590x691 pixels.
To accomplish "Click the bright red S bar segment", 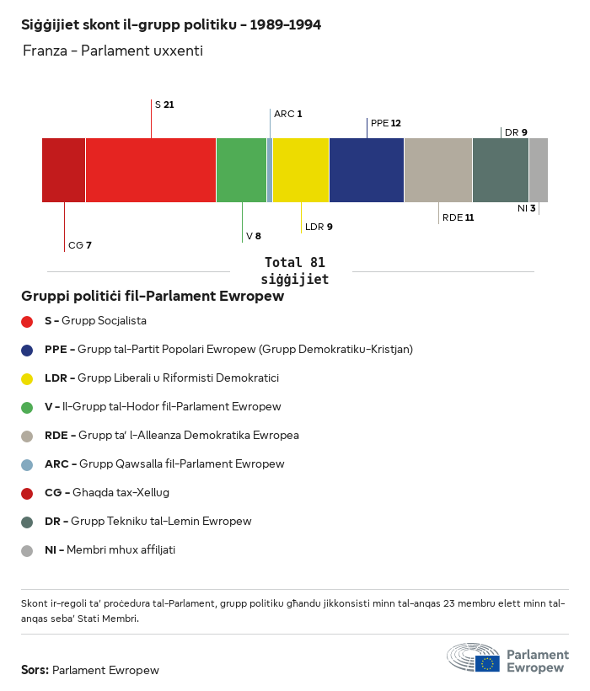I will tap(150, 170).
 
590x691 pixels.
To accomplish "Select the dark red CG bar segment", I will tap(63, 170).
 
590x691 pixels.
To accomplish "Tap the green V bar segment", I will tap(241, 170).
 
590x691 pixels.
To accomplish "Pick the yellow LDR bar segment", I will tap(300, 170).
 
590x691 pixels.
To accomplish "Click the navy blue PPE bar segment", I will tap(366, 170).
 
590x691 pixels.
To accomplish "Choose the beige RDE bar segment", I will tap(437, 170).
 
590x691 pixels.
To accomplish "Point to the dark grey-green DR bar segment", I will tap(500, 170).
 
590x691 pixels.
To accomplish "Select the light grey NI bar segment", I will tap(538, 170).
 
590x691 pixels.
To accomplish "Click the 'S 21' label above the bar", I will tap(164, 104).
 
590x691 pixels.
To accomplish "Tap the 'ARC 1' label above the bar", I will tap(287, 114).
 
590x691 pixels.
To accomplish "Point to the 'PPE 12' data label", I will tap(385, 123).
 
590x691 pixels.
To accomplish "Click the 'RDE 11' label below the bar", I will tap(458, 217).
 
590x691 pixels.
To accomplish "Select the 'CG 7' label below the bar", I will tap(79, 245).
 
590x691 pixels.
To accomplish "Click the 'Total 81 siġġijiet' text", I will tap(294, 271).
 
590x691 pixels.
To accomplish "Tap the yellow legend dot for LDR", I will tap(27, 378).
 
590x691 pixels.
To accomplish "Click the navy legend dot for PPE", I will tap(27, 350).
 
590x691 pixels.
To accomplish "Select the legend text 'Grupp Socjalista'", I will tap(104, 321).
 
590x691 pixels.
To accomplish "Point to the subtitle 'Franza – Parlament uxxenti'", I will tap(112, 51).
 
